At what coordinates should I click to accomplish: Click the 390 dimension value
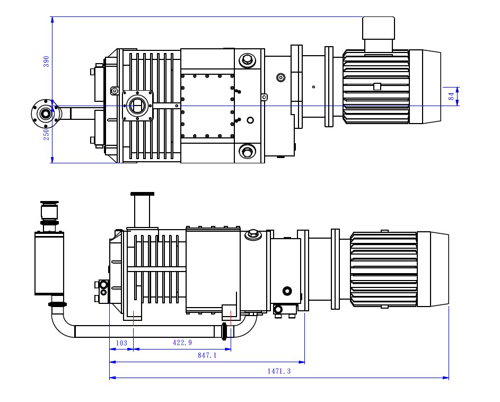pyautogui.click(x=46, y=61)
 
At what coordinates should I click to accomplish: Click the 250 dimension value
pyautogui.click(x=46, y=134)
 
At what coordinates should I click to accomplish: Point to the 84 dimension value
pyautogui.click(x=451, y=97)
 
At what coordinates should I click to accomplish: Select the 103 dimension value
pyautogui.click(x=121, y=343)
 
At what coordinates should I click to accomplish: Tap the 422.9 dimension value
pyautogui.click(x=182, y=343)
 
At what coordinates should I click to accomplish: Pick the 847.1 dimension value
pyautogui.click(x=207, y=356)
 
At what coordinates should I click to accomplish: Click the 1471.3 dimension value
pyautogui.click(x=279, y=371)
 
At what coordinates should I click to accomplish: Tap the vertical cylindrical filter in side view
pyautogui.click(x=49, y=263)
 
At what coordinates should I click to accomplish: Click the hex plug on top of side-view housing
pyautogui.click(x=253, y=233)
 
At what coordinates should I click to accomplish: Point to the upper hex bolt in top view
pyautogui.click(x=247, y=59)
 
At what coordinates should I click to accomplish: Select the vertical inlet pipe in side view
pyautogui.click(x=142, y=211)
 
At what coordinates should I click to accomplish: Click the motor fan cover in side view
pyautogui.click(x=433, y=269)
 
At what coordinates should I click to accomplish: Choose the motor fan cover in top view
pyautogui.click(x=425, y=86)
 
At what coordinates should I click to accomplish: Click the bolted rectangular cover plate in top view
pyautogui.click(x=207, y=106)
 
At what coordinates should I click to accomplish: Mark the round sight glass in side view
pyautogui.click(x=287, y=291)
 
